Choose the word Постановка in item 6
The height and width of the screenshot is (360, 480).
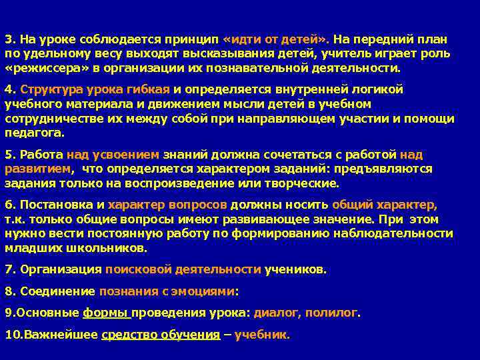(56, 205)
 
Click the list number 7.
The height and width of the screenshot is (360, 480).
(9, 270)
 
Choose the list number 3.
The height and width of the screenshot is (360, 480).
(9, 39)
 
